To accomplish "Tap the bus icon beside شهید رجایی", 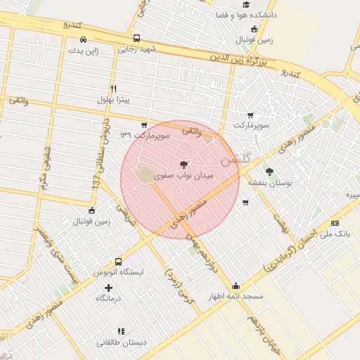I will [x=136, y=39].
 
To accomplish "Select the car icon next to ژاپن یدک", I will [x=83, y=39].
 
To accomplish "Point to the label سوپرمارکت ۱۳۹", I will [x=126, y=134].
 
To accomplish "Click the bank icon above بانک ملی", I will [x=334, y=223].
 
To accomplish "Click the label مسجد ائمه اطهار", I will [x=235, y=297].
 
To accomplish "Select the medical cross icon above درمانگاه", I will [x=108, y=288].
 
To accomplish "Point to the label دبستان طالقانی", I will [x=122, y=342].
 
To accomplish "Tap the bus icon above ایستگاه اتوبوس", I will [x=118, y=261].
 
